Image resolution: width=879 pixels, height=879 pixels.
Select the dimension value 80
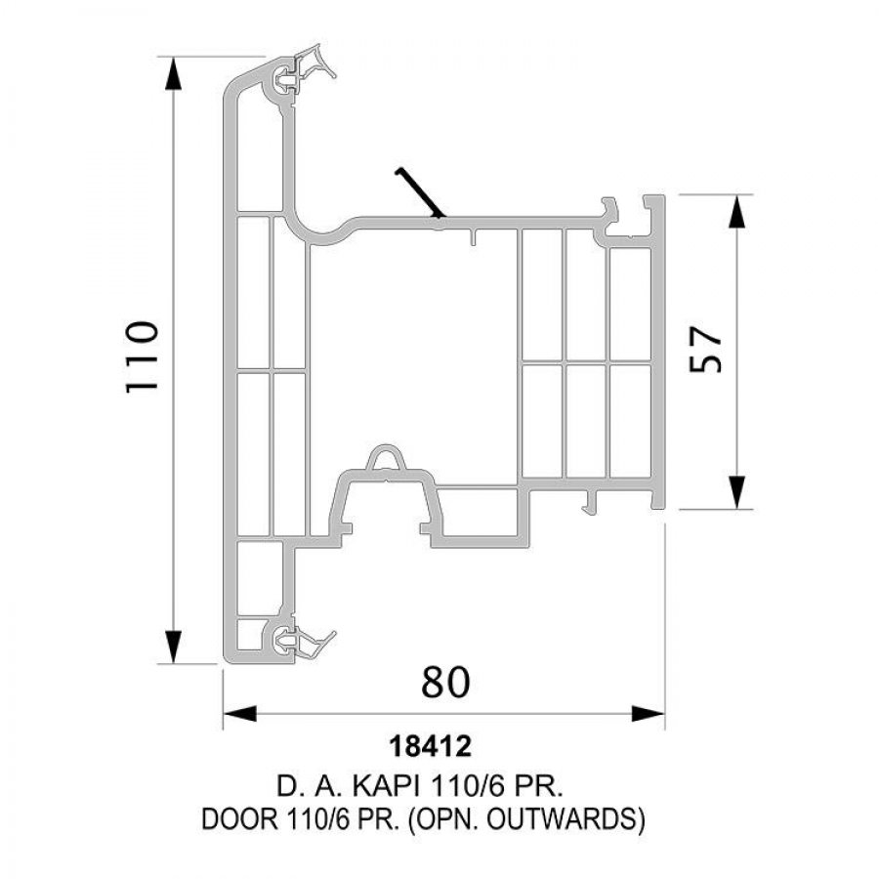pos(445,683)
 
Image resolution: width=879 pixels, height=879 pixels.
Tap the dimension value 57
pos(705,349)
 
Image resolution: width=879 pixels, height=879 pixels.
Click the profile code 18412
pos(430,747)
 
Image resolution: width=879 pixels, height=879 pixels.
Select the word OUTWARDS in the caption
pos(562,819)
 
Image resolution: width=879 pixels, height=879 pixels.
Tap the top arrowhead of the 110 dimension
pos(173,73)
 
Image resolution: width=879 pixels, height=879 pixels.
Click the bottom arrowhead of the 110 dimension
pos(173,647)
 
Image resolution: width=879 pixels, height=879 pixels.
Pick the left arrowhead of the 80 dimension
pos(239,714)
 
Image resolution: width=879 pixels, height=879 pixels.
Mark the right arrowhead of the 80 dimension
pos(649,714)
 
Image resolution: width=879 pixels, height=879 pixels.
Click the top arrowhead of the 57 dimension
pos(737,212)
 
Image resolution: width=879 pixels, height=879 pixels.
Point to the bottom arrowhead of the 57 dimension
pos(737,491)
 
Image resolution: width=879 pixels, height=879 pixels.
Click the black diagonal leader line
pos(420,192)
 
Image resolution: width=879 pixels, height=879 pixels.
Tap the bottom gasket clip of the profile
pos(303,639)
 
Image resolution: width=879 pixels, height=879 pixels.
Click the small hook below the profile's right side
pos(591,501)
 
